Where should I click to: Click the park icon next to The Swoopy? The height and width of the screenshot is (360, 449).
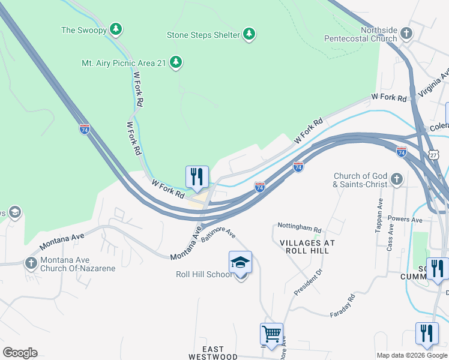point(116,29)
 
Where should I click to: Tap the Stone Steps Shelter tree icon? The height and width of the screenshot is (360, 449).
point(249,34)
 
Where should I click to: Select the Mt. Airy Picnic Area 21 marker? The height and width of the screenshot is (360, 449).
point(176,62)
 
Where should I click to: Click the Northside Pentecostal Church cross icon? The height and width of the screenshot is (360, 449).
point(406,33)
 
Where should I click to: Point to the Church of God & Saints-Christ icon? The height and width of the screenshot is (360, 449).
point(396,179)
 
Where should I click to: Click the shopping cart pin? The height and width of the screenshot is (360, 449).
point(271,334)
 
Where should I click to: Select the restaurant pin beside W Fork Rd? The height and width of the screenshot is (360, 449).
point(197,177)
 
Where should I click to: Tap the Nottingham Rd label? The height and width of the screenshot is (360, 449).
point(300,229)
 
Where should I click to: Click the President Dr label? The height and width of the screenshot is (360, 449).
point(309,281)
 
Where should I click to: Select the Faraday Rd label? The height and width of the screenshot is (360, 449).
point(343,305)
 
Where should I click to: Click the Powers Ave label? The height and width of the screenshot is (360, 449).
point(406,220)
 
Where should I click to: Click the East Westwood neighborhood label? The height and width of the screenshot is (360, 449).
point(212,353)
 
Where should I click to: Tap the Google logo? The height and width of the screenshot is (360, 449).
point(20,353)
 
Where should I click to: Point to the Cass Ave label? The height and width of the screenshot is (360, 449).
point(390,237)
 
